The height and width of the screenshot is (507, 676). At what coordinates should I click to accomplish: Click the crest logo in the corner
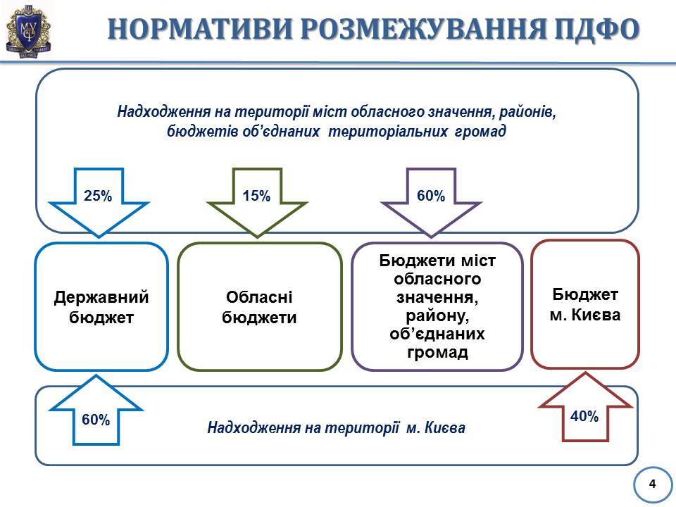tap(28, 30)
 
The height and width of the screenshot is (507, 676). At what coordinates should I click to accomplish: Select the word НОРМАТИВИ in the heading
tap(201, 29)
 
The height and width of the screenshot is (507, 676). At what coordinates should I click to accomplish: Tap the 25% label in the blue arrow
tap(98, 196)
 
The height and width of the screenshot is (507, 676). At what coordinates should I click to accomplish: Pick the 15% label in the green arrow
tap(256, 196)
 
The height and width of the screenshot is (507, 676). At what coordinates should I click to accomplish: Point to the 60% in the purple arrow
tap(431, 196)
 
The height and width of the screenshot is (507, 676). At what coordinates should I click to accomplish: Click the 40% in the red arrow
tap(584, 416)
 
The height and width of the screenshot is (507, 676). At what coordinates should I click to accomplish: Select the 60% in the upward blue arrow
tap(96, 420)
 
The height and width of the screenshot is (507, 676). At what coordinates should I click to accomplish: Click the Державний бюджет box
tap(101, 306)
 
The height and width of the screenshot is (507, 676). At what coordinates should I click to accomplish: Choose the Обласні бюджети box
tap(260, 306)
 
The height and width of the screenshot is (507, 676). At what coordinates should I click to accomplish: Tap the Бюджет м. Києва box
tap(585, 304)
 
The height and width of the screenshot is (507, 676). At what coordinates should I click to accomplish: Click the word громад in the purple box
tap(437, 352)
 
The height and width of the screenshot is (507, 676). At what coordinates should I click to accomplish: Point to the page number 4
tap(653, 484)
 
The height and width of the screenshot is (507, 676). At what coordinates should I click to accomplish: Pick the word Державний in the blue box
tap(101, 297)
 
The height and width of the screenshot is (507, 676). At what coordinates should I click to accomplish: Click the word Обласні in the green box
tap(259, 297)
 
